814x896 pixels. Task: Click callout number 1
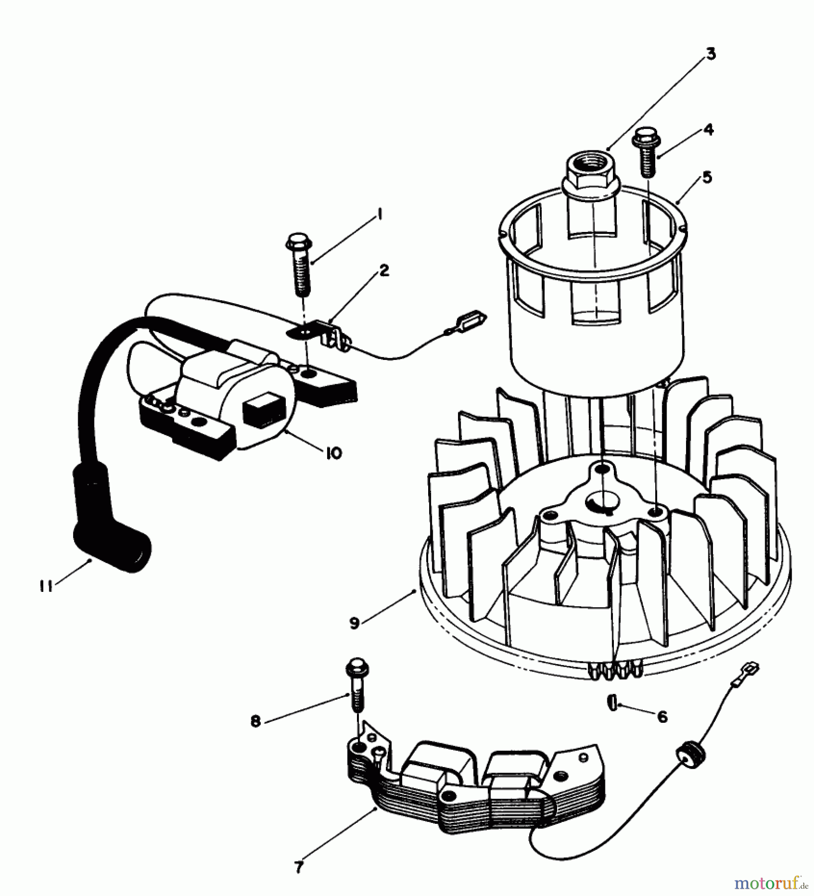(379, 215)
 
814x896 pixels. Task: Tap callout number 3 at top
(710, 53)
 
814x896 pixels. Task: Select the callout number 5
(706, 177)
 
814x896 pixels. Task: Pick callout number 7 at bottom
(299, 867)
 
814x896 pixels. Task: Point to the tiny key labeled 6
(612, 703)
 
